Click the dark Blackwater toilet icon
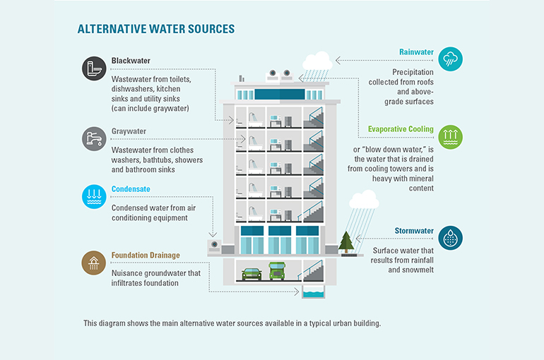94,68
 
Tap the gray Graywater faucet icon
94,139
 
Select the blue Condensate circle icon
94,197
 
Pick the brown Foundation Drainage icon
94,263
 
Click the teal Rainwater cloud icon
450,59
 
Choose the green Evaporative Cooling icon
450,137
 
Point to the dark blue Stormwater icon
450,238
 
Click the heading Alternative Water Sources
156,29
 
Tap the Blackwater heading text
131,61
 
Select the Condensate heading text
131,189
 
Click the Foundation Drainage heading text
146,256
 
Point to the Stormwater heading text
414,231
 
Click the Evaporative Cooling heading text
401,129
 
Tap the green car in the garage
252,274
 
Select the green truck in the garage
277,271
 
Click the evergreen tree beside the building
346,242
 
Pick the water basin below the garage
313,292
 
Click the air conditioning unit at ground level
214,246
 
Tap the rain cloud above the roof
317,61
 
